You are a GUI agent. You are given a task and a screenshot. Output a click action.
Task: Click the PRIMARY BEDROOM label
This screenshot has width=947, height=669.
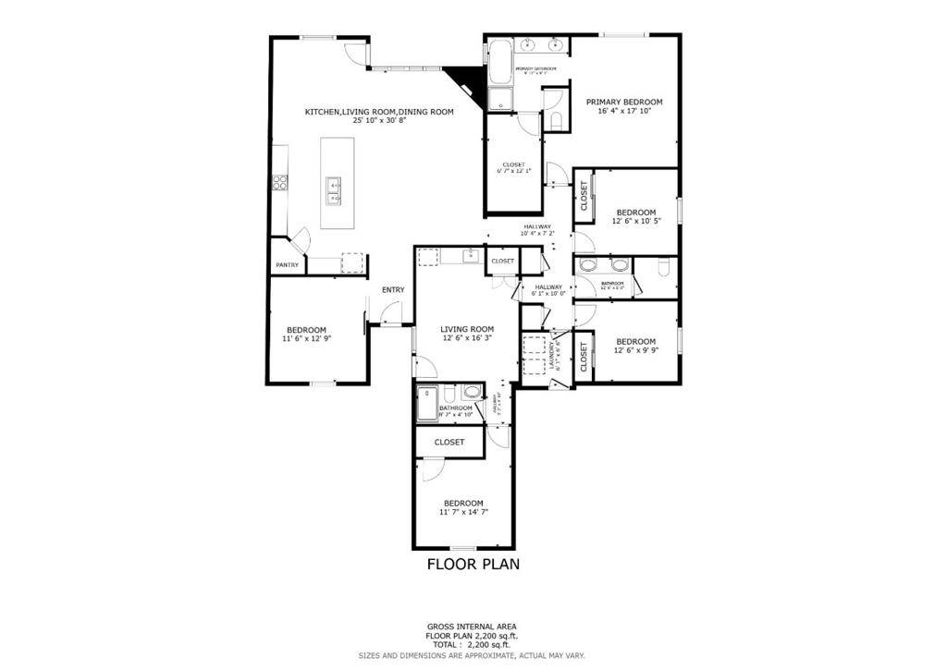pos(624,102)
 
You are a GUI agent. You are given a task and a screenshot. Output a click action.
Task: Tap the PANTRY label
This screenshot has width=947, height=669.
pos(287,266)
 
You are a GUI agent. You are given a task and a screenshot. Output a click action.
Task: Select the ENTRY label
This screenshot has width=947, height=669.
pos(393,290)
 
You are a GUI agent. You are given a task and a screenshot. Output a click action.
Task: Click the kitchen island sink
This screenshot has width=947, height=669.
pos(335,190)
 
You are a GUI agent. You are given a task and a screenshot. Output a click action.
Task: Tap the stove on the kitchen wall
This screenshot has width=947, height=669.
pos(279,182)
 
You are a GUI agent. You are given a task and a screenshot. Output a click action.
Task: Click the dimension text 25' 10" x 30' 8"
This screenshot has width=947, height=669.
pos(379,121)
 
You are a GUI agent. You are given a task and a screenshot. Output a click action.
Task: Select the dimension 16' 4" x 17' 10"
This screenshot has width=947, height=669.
pos(624,111)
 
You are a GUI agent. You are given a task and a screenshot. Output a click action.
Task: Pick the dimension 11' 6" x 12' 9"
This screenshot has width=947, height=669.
pos(306,339)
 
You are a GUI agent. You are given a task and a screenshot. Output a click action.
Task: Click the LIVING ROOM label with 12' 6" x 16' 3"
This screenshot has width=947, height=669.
pos(466,329)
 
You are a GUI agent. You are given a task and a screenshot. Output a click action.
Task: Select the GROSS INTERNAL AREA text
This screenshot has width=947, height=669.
pos(473,626)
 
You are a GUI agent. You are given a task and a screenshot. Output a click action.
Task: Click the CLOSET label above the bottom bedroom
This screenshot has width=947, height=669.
pos(449,443)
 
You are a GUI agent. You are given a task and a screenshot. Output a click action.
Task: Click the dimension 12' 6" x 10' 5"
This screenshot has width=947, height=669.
pos(635,221)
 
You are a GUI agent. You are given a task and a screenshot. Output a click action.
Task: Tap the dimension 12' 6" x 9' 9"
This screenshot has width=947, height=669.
pos(635,349)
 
